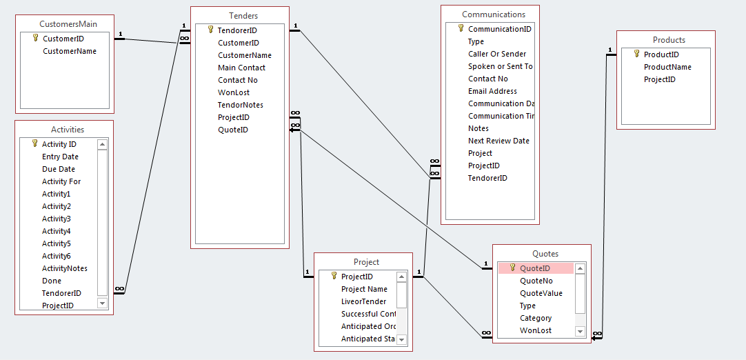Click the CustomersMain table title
click(68, 24)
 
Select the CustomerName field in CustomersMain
click(70, 51)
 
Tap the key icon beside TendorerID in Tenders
click(210, 30)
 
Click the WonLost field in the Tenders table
click(234, 92)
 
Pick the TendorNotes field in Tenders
click(241, 105)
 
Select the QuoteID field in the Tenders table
click(233, 130)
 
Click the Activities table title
click(68, 130)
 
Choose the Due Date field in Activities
click(59, 169)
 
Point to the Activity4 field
click(57, 231)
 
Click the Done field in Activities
click(52, 281)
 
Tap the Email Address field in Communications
click(492, 91)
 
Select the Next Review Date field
click(498, 141)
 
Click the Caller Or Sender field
click(497, 54)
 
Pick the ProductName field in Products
click(667, 67)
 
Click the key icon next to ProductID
click(637, 54)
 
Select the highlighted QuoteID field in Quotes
click(535, 268)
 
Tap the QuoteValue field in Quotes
click(541, 293)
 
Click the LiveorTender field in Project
click(364, 301)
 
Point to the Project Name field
click(364, 289)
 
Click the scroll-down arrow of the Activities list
click(102, 303)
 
